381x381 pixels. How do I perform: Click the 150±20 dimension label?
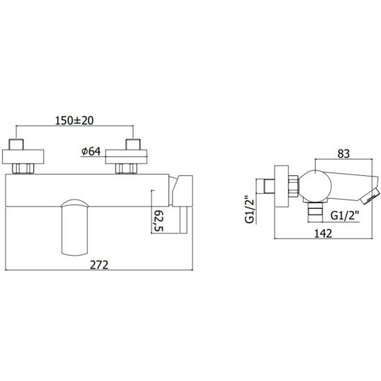point(74,120)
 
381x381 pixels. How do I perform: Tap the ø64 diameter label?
point(91,152)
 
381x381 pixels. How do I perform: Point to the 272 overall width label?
point(99,265)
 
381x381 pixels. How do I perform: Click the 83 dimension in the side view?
point(343,154)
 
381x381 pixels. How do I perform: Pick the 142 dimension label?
point(323,234)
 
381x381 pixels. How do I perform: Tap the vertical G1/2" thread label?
point(250,209)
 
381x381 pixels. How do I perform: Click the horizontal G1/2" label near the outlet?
point(345,215)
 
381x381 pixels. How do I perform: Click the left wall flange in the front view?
point(23,156)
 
